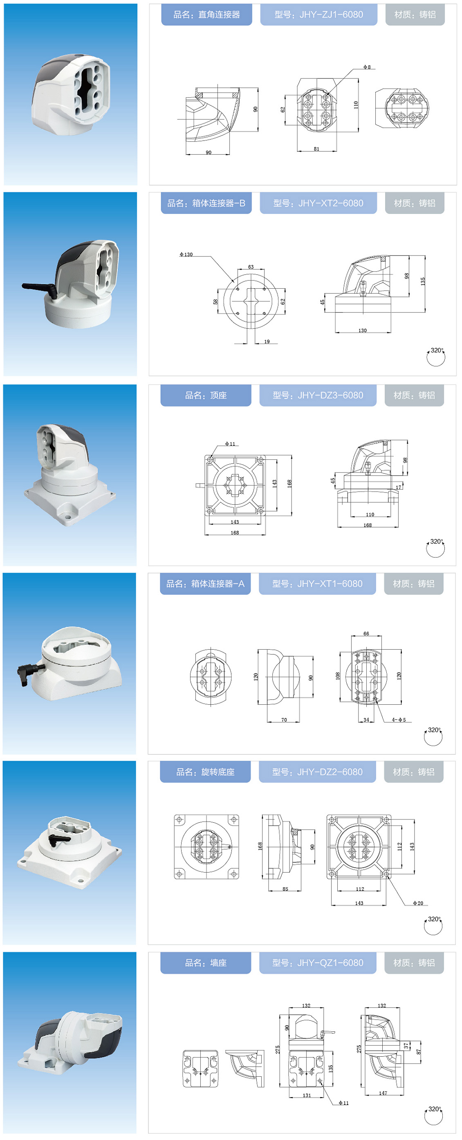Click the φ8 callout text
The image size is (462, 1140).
click(367, 67)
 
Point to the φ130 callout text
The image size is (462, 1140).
click(186, 254)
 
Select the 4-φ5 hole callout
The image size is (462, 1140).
click(399, 719)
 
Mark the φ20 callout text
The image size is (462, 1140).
click(418, 903)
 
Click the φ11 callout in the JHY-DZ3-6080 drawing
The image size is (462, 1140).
click(230, 443)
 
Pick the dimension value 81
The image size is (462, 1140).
click(316, 149)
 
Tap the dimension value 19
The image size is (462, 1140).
click(267, 341)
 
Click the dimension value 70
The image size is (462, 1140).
click(284, 719)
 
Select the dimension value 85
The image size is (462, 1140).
click(285, 889)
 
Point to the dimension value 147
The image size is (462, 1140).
click(383, 1093)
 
